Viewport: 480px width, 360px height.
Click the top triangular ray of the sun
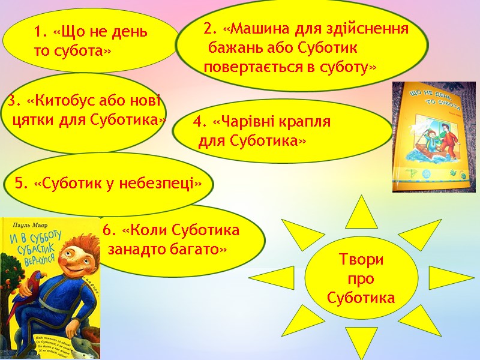(x=361, y=210)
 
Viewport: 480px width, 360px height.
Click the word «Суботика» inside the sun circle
(x=361, y=298)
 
